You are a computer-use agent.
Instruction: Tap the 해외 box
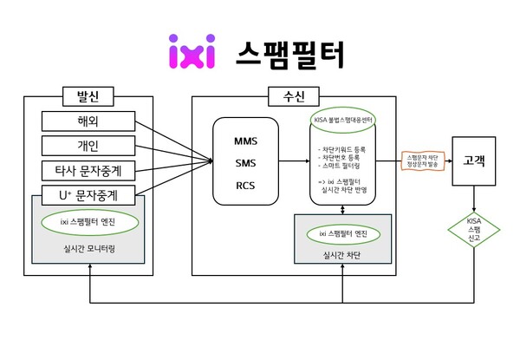[x=88, y=121]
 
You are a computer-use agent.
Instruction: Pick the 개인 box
[x=88, y=145]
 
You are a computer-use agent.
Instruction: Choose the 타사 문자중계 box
[x=88, y=169]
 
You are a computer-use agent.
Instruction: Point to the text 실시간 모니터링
[x=89, y=246]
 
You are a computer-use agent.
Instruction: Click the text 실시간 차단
[x=345, y=257]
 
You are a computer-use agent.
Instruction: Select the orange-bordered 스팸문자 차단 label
[x=421, y=160]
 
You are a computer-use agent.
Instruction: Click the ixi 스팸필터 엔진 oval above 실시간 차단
[x=345, y=234]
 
